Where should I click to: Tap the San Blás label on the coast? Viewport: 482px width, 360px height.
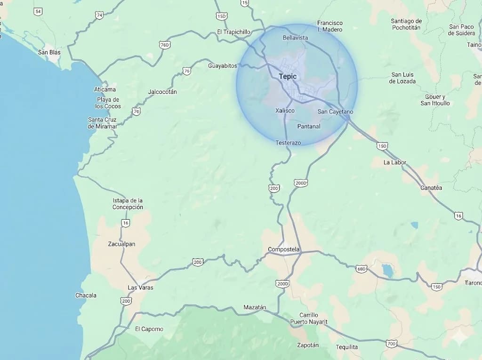[x=49, y=52]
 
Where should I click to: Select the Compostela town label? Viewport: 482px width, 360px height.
[x=283, y=249]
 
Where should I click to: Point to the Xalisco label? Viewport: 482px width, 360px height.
[x=285, y=111]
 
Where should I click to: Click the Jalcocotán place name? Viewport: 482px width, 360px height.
[x=162, y=92]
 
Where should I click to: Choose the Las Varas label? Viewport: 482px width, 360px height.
[x=140, y=288]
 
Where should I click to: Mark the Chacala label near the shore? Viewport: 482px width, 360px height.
[x=86, y=296]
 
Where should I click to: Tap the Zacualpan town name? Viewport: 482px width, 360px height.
[x=121, y=244]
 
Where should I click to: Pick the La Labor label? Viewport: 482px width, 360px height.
[x=394, y=162]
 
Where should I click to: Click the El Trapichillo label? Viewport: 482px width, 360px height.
[x=234, y=32]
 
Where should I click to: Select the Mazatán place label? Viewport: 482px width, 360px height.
[x=255, y=307]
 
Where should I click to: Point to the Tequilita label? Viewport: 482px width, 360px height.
[x=347, y=347]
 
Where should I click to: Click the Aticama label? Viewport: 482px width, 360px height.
[x=104, y=89]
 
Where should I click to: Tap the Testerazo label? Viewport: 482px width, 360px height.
[x=288, y=143]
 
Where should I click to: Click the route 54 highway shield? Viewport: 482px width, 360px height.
[x=38, y=11]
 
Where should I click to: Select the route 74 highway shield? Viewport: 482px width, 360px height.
[x=99, y=15]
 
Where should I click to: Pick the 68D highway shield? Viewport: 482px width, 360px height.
[x=361, y=268]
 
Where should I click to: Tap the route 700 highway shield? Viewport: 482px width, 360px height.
[x=391, y=344]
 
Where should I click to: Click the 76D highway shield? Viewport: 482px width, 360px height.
[x=164, y=45]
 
